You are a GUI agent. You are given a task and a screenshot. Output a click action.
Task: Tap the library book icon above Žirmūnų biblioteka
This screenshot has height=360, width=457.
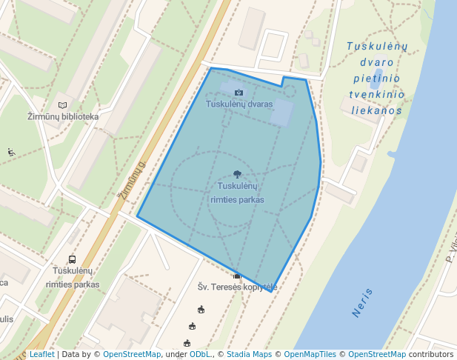[x=63, y=105]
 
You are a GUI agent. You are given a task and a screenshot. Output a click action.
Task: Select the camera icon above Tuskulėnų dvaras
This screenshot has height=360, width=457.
[x=238, y=93]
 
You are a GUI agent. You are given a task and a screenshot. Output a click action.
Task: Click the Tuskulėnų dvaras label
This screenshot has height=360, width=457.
[x=239, y=104]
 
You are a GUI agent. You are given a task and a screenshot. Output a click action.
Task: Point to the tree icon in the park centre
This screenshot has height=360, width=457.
[x=237, y=174]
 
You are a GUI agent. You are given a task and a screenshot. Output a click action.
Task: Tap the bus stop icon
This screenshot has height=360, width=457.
[x=72, y=259]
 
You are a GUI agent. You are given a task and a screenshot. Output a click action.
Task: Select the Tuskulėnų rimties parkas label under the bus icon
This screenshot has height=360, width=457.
[x=72, y=279]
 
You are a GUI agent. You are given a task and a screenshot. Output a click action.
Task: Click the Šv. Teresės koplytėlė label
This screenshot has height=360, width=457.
[x=237, y=287]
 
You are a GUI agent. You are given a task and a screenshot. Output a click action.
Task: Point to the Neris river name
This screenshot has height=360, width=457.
[x=363, y=302]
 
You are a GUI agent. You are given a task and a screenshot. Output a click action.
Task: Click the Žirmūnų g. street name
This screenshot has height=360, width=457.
[x=132, y=181]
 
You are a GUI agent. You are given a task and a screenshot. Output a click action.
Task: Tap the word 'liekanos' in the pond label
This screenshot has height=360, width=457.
[x=377, y=111]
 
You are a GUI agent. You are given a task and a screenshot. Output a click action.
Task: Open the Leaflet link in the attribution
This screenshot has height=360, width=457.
[x=41, y=355]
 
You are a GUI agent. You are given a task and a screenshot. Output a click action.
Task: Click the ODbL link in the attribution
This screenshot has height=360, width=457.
[x=199, y=355]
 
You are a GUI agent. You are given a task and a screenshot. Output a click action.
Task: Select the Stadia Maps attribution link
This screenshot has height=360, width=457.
[x=249, y=355]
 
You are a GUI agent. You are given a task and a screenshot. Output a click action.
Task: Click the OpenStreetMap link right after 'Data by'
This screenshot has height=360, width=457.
[x=131, y=355]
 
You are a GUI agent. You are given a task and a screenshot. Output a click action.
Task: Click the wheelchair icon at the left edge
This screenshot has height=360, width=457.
[x=11, y=153]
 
